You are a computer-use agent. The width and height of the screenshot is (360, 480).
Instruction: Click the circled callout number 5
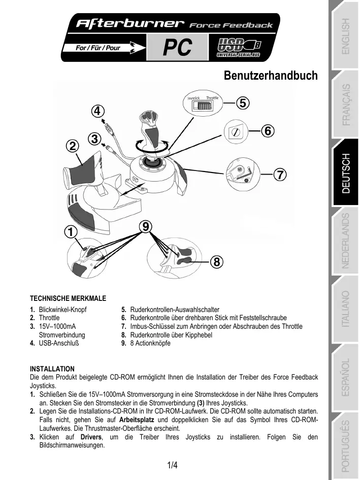[x=243, y=103]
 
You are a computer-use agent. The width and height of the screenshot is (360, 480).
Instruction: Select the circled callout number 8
[x=216, y=262]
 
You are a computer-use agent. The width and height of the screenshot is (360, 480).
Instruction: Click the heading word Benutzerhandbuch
[x=271, y=76]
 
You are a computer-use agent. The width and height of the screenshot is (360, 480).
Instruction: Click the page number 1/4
[x=173, y=465]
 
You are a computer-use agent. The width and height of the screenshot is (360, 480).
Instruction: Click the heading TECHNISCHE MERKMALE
[x=68, y=298]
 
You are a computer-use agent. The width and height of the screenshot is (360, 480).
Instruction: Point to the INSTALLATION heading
[x=52, y=368]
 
